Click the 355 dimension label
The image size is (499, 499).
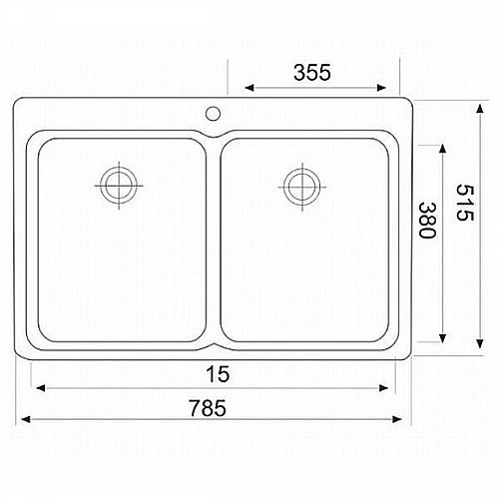tap(312, 72)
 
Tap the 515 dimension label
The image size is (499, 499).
tap(464, 203)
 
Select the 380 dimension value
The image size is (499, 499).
tap(427, 220)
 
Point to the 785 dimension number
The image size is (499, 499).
tap(208, 408)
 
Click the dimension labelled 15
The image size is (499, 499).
tap(218, 374)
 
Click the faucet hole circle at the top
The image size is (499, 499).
tap(213, 114)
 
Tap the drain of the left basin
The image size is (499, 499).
tap(119, 186)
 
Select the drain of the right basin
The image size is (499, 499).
tap(302, 187)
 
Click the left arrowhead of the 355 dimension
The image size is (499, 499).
tap(249, 88)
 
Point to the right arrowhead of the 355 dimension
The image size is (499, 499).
tap(381, 88)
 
